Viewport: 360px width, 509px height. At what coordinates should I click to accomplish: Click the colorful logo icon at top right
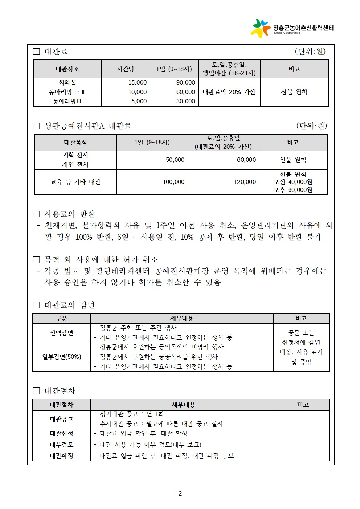pos(260,28)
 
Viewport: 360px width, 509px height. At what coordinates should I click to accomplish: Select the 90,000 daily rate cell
pos(185,83)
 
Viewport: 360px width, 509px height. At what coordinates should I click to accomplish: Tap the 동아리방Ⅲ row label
pos(67,102)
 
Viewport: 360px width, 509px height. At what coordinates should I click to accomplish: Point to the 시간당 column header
pos(126,69)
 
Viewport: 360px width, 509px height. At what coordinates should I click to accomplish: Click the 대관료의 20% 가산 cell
pos(229,92)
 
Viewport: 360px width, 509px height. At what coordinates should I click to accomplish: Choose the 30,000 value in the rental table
pos(185,102)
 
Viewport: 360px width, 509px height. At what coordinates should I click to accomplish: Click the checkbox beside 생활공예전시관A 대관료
pos(36,126)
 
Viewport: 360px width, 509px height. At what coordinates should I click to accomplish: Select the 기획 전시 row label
pos(75,155)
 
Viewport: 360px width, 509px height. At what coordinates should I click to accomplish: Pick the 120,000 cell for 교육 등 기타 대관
pos(245,182)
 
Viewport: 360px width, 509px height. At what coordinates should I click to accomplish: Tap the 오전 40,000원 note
pos(293,182)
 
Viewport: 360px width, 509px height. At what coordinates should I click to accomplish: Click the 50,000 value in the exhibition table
pos(175,160)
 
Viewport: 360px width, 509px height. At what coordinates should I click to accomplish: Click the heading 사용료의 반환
pos(69,214)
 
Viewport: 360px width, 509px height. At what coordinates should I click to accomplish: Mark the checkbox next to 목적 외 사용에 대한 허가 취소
pos(36,260)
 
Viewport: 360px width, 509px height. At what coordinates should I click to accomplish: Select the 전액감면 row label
pos(61,333)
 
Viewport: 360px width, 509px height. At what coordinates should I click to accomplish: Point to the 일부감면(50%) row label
pos(61,357)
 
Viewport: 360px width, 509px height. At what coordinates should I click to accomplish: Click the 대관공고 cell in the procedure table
pos(61,419)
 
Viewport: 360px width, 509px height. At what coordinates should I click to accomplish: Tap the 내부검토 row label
pos(61,444)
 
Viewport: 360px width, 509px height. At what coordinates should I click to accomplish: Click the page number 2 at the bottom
pos(180,493)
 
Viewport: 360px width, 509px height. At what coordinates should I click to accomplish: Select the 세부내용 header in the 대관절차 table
pos(183,405)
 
